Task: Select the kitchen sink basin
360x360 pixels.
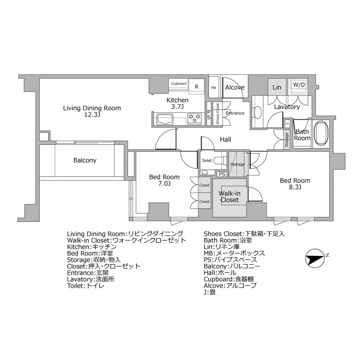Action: [x=165, y=119]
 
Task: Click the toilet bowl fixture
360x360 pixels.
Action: [x=218, y=161]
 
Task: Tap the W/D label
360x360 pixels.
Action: [x=299, y=85]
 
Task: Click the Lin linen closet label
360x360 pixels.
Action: [x=277, y=87]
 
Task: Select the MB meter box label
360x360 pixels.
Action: [x=213, y=88]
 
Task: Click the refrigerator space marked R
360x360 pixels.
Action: [x=197, y=87]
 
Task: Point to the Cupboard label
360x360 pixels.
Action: [x=179, y=83]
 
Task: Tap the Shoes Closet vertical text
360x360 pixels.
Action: [x=218, y=114]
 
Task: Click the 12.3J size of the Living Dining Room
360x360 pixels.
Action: [x=92, y=115]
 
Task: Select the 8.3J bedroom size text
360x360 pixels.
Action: [x=295, y=187]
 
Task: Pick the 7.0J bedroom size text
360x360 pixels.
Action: [x=164, y=183]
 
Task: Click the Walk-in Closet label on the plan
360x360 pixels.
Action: [x=230, y=197]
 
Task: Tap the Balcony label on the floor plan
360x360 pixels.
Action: [x=85, y=160]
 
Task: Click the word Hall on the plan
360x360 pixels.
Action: [x=225, y=140]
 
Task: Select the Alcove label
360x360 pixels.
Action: [x=234, y=87]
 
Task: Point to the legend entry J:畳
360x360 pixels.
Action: [x=210, y=292]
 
